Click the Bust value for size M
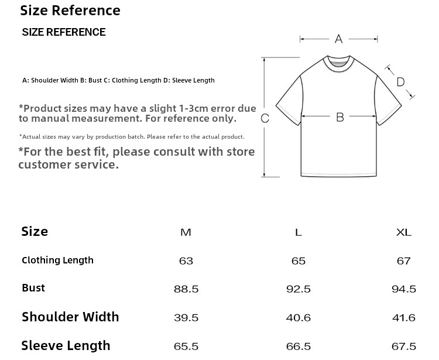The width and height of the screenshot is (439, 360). [x=186, y=289]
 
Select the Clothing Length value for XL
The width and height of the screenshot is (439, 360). [x=404, y=261]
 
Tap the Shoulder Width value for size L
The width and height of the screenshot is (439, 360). [x=299, y=318]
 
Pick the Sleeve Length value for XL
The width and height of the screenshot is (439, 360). [x=404, y=347]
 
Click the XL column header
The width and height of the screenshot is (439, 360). [x=404, y=232]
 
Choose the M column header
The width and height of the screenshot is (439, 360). [x=186, y=232]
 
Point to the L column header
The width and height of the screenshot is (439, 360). [x=299, y=232]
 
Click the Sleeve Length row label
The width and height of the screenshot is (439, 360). [x=66, y=345]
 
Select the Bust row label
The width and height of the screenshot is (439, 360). [x=33, y=288]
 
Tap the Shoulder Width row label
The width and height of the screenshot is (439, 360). [x=70, y=317]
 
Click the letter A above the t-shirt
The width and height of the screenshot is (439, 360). [x=338, y=39]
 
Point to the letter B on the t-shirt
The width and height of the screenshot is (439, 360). [x=340, y=117]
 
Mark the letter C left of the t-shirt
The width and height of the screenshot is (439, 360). [x=265, y=118]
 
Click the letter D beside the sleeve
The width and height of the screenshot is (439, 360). [x=400, y=82]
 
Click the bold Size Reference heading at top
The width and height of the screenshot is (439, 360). [x=70, y=11]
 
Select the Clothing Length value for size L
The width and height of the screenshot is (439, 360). [x=299, y=261]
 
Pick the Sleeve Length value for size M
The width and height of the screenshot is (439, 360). [x=186, y=347]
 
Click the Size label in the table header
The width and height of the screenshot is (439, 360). [x=35, y=231]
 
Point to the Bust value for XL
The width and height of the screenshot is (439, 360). [x=404, y=289]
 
